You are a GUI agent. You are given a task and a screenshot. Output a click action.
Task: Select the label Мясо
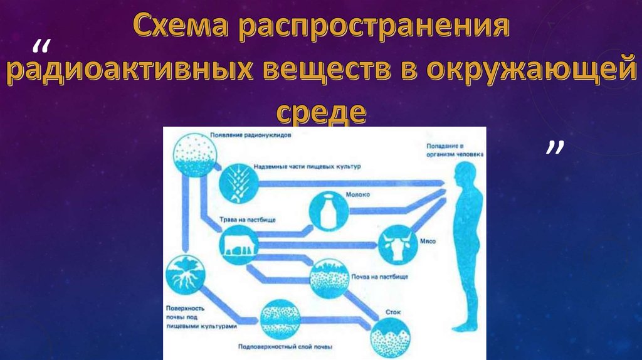[428, 240]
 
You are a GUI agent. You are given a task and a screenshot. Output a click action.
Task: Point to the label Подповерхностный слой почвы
[285, 347]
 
